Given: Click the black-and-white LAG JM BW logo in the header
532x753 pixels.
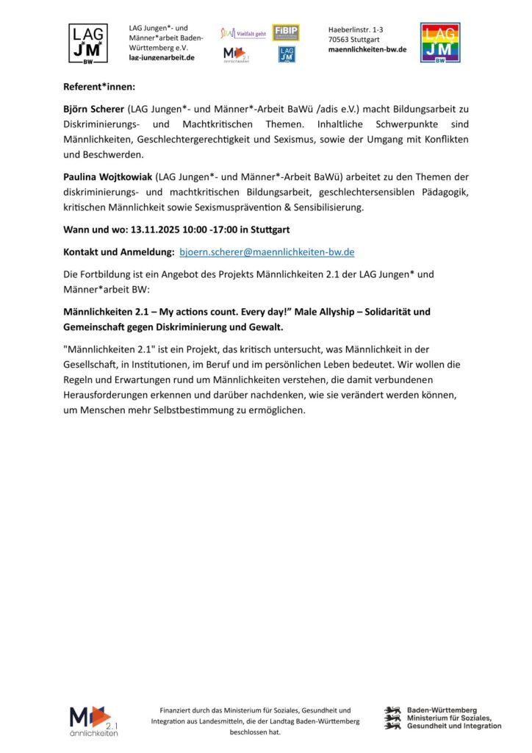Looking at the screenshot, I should tap(87, 43).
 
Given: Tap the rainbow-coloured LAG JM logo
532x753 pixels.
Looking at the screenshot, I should tap(440, 43).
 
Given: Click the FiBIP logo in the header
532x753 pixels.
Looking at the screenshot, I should tap(286, 32).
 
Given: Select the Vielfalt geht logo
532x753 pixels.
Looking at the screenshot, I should tap(242, 33).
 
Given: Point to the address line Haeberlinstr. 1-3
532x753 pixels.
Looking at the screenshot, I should tap(356, 29).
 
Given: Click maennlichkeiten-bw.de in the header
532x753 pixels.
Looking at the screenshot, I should tap(367, 49).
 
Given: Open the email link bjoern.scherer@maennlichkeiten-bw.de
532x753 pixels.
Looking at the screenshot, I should tap(267, 251).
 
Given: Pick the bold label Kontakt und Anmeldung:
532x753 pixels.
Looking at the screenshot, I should tap(118, 251).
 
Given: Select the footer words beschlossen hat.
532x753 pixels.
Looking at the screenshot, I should tap(255, 732).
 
